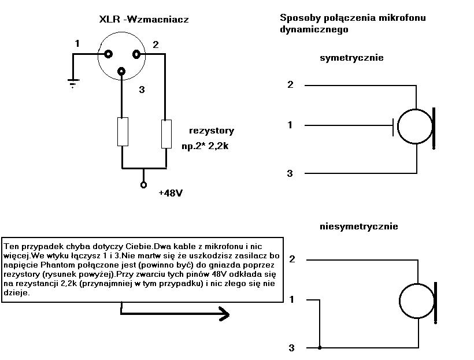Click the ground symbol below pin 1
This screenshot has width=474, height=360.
point(73,83)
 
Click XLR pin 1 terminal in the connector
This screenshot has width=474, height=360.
point(108,54)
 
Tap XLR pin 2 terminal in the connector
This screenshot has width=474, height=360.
point(136,54)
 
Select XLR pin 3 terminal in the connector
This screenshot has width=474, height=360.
point(121,71)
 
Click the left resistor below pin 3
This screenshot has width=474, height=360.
point(123,132)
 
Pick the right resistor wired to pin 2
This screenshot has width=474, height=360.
point(166,134)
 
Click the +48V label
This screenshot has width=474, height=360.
point(171,193)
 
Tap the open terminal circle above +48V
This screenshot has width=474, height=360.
point(143,185)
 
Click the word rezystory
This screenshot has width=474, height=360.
point(212,131)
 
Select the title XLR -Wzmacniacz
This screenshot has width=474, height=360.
point(144,20)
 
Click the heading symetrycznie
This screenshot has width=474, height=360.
point(351,58)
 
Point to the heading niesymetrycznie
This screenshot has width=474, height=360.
point(359,227)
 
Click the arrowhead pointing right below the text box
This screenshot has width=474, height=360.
point(224,314)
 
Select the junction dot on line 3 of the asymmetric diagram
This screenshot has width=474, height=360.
point(320,348)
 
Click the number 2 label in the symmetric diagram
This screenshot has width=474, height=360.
point(290,84)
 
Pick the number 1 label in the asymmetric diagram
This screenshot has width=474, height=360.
point(291,299)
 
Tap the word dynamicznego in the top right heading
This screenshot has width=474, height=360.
point(314,29)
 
